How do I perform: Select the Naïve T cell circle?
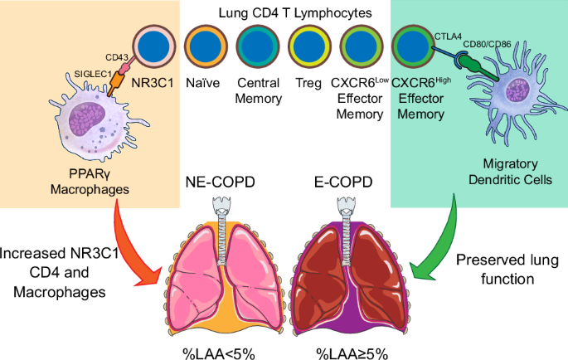204,46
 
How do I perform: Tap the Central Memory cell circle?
257,46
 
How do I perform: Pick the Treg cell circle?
308,46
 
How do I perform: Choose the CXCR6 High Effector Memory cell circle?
412,46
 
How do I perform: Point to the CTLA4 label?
449,37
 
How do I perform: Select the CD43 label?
118,57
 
